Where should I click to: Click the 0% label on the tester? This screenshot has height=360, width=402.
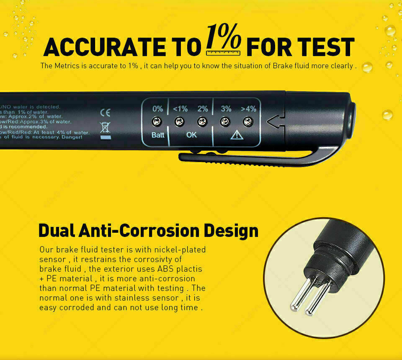tap(158, 109)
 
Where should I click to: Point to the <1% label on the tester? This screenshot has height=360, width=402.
tap(180, 109)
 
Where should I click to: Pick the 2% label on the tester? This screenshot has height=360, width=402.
tap(203, 109)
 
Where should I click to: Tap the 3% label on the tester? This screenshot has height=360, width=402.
tap(226, 109)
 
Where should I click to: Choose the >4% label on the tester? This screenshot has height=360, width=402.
tap(248, 109)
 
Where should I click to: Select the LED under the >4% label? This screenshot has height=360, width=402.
tap(248, 122)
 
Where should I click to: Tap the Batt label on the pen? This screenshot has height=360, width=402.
tap(158, 135)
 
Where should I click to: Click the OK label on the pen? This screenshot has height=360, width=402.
tap(191, 135)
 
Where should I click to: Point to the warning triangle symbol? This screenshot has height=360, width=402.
tap(237, 135)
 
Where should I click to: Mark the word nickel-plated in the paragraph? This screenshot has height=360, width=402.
tap(178, 250)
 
